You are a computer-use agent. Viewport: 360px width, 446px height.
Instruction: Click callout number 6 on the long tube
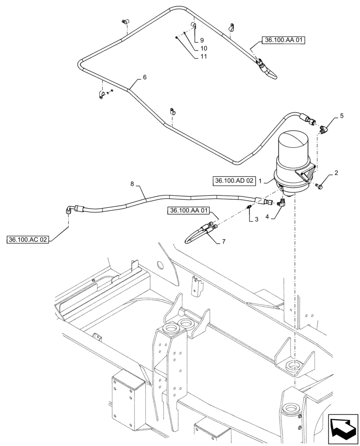(x=144, y=77)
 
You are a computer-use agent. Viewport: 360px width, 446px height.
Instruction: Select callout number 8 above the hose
(x=132, y=183)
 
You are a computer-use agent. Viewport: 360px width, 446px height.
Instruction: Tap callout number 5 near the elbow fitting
(x=342, y=116)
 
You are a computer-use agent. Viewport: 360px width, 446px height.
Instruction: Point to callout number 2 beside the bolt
(x=336, y=173)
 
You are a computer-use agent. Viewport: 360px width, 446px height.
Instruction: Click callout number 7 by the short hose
(x=224, y=242)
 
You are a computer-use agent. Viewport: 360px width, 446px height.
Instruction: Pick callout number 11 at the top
(x=203, y=57)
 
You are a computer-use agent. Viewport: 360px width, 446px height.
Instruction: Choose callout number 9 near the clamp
(x=202, y=40)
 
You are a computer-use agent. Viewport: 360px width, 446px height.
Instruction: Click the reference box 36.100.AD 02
(x=234, y=181)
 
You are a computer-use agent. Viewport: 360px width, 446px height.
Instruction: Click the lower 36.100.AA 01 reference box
(x=188, y=210)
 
